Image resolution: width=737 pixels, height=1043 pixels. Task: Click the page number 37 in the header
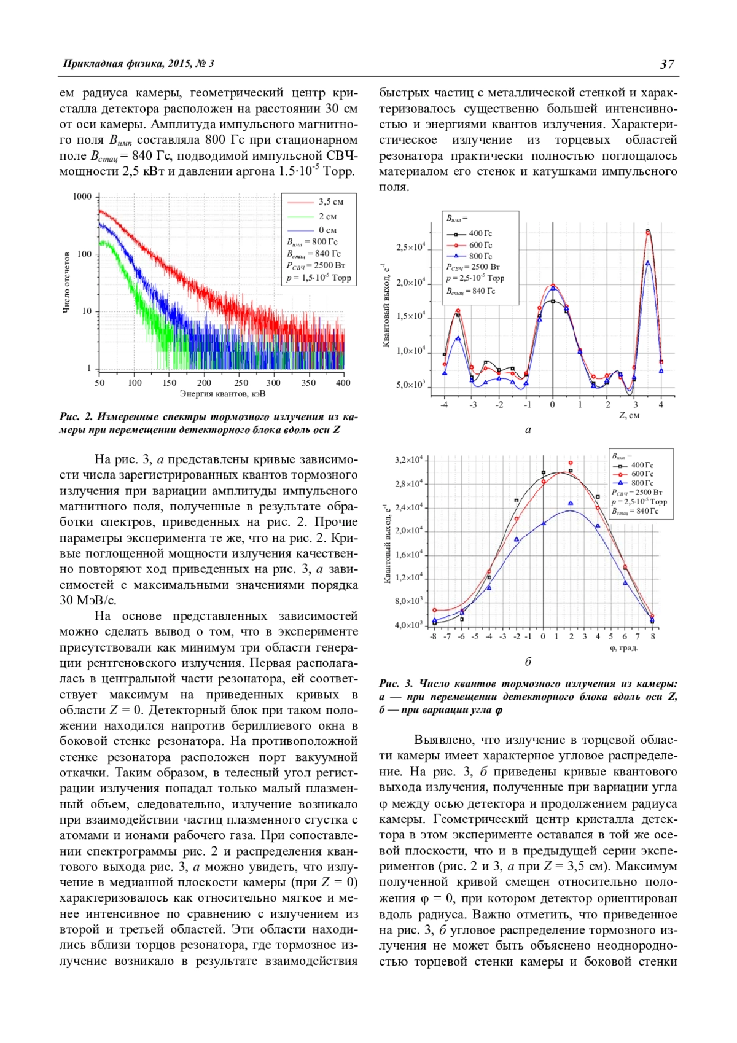(x=667, y=64)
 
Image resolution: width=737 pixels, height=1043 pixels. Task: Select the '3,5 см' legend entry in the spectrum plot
(x=330, y=202)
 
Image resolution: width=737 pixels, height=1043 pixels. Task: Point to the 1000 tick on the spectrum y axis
(x=82, y=197)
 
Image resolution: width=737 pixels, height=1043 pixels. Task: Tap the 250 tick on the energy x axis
(x=241, y=383)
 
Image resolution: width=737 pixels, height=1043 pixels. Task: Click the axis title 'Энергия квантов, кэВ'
(x=222, y=394)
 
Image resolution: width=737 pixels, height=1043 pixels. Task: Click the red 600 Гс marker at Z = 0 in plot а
(x=553, y=286)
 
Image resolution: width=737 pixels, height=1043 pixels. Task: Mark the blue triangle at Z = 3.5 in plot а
(x=648, y=263)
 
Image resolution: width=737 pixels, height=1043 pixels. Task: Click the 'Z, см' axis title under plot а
(x=629, y=416)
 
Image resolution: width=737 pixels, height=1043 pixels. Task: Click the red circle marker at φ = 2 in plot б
(x=571, y=463)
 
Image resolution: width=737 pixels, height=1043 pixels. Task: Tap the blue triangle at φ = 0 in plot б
(x=544, y=523)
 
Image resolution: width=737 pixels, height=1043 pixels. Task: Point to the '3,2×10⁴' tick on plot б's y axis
(x=408, y=460)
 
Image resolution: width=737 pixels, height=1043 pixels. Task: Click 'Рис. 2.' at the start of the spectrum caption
(x=76, y=417)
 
